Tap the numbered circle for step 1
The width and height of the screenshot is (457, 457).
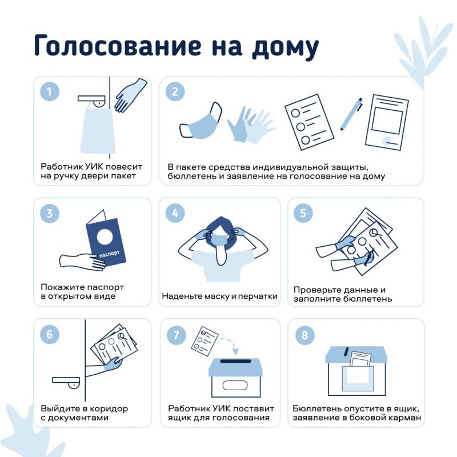coord(50,91)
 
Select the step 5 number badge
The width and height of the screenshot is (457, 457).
coord(303,213)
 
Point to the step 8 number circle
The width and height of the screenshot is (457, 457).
coord(305,335)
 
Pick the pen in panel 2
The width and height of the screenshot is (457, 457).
coord(352,114)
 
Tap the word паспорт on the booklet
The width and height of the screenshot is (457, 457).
coord(109,254)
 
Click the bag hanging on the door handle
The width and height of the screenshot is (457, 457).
coord(97,130)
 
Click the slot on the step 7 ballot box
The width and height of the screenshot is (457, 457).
coord(236,361)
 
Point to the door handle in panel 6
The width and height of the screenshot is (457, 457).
coord(66,382)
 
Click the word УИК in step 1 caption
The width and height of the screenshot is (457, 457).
coord(94,167)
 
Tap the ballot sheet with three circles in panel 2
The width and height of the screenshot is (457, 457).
coord(309,122)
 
